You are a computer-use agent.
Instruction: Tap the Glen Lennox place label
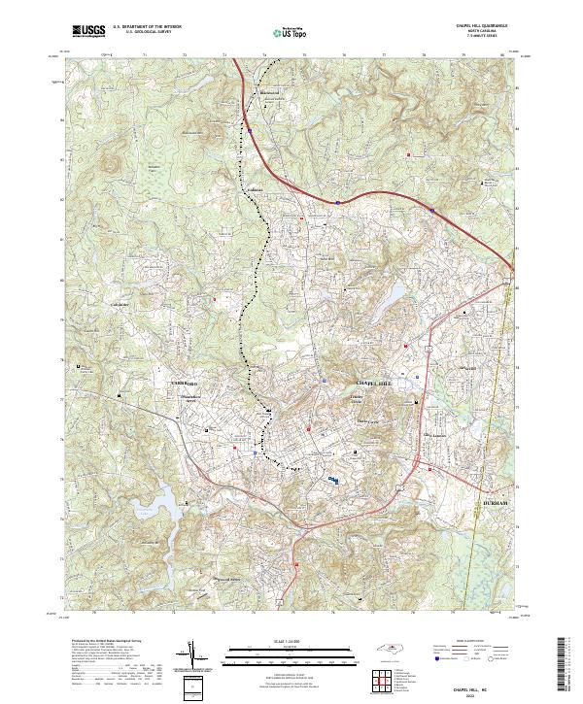pos(432,436)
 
